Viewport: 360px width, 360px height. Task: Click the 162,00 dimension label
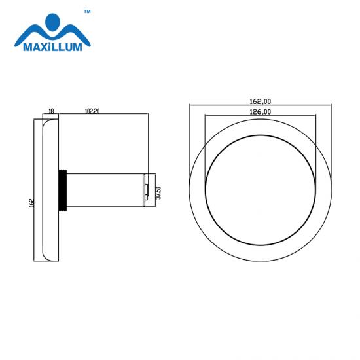click(260, 101)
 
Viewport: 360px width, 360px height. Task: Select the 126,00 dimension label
click(260, 112)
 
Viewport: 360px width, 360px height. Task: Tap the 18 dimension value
click(52, 111)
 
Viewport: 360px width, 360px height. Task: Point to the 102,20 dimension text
click(92, 111)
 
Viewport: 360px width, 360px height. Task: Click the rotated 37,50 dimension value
click(158, 193)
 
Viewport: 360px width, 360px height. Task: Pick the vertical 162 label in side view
click(31, 203)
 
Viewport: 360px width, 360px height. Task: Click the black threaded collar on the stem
click(63, 190)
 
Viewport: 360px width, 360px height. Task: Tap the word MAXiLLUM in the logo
click(52, 47)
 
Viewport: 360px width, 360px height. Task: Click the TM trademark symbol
click(87, 12)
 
